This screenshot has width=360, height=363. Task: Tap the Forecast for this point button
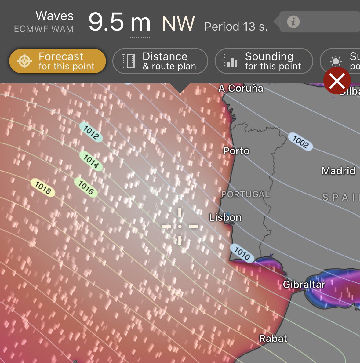coord(57,61)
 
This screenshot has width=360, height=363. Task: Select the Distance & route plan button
coord(160,61)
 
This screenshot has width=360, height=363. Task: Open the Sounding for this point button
coord(264,61)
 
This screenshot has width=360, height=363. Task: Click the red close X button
coord(337,81)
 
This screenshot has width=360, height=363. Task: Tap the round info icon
coord(293,22)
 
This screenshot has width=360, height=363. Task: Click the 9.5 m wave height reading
coord(119,23)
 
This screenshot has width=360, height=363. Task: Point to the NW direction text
coord(178,24)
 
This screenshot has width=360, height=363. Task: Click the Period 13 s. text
coord(236,27)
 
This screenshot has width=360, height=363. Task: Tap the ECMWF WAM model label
coord(44,29)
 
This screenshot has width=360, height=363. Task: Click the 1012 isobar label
coord(91,132)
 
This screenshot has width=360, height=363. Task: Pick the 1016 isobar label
coord(86,187)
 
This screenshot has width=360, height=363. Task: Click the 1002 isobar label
coord(300,142)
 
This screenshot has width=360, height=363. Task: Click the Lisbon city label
coord(225,217)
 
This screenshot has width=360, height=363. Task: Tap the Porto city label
coord(236,151)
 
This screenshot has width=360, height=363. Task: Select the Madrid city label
coord(338,171)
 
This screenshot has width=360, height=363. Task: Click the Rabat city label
coord(273,338)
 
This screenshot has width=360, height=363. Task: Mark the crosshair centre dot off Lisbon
coord(180,227)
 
